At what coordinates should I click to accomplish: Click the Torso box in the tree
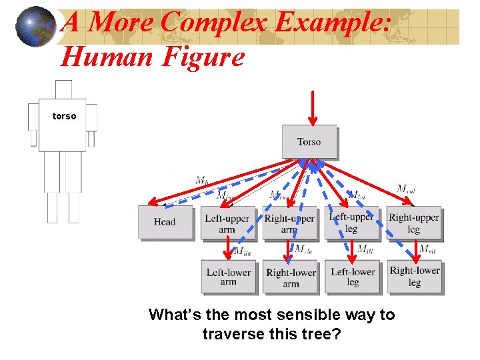tap(309, 141)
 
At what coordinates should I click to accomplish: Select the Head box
tap(164, 222)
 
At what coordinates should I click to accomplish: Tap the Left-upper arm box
tap(227, 223)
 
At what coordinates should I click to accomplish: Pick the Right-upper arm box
tap(289, 223)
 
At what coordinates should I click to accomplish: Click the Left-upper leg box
tap(351, 223)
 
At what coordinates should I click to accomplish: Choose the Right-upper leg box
tap(414, 223)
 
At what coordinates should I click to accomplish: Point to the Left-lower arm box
tap(228, 277)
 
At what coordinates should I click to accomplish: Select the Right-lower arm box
tap(291, 277)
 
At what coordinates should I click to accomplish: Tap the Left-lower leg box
tap(353, 277)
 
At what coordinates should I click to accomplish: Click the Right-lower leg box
tap(415, 276)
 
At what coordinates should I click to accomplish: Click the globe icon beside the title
tap(36, 27)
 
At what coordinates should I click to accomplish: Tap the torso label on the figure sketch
tap(64, 116)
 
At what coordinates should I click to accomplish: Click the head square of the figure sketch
tap(63, 89)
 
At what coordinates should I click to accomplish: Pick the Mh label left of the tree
tap(201, 180)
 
